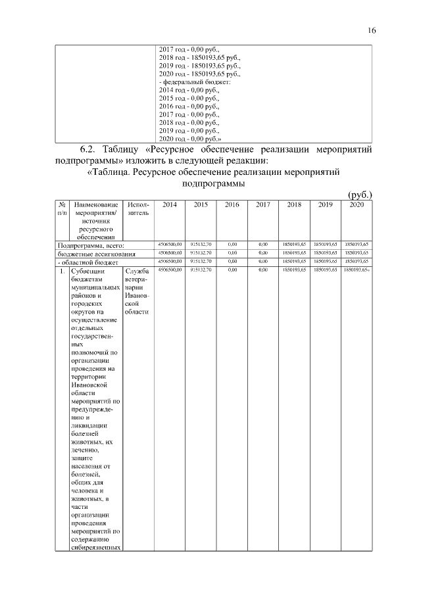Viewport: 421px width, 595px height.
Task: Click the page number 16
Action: [372, 30]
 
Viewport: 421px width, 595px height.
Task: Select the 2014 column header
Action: [170, 205]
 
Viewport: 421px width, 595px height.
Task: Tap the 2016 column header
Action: [232, 205]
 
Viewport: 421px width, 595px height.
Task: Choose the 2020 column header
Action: [357, 205]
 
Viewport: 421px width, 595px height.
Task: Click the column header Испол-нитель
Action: [138, 209]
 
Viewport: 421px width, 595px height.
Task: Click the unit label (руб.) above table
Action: [359, 195]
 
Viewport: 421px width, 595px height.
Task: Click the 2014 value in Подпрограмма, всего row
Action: [170, 245]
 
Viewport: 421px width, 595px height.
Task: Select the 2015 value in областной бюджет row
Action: [201, 261]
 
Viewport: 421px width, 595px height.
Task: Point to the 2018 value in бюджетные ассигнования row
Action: [294, 252]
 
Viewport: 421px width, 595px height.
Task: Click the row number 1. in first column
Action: [61, 271]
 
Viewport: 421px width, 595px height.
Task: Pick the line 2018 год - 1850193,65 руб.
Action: [200, 57]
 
